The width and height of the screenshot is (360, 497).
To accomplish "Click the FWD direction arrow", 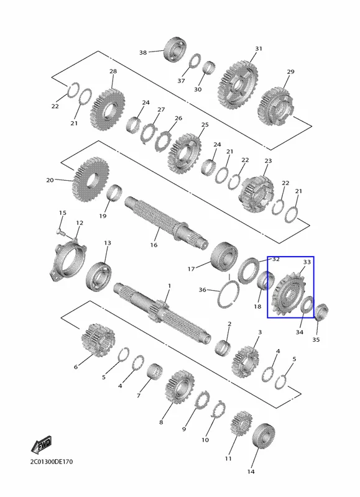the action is click(x=41, y=445).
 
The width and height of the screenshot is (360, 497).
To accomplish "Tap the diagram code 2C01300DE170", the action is click(x=52, y=462).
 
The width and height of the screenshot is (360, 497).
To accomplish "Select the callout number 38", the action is click(x=143, y=52).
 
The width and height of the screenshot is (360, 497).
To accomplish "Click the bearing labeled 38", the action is click(x=175, y=50).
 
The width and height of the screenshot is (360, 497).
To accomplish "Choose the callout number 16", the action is click(x=154, y=245).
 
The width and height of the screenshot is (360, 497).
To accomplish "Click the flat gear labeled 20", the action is click(x=91, y=180).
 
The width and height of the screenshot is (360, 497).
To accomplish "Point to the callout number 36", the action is click(x=202, y=290).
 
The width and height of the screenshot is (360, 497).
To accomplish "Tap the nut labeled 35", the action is click(x=321, y=312).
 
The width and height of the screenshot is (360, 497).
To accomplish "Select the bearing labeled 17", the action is click(x=224, y=257).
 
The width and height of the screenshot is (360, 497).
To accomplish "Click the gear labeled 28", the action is click(x=107, y=109).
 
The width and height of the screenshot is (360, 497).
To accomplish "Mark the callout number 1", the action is click(x=169, y=286).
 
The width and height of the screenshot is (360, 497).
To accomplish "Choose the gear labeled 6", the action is click(x=98, y=340).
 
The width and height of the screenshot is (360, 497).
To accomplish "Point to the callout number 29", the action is click(x=290, y=72).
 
